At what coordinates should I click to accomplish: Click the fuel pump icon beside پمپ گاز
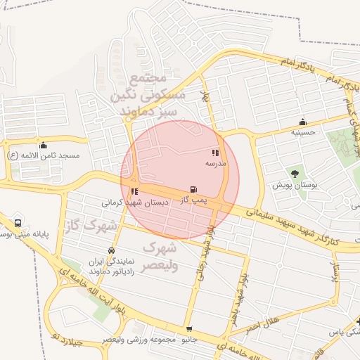[x=193, y=190]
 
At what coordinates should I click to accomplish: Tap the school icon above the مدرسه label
[x=215, y=153]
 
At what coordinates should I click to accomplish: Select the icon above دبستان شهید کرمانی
[x=134, y=191]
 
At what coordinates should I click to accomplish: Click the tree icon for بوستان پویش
[x=295, y=174]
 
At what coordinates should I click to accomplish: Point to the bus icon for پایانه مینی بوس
[x=18, y=223]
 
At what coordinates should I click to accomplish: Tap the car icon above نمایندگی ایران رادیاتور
[x=111, y=250]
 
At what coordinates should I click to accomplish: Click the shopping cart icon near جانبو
[x=188, y=329]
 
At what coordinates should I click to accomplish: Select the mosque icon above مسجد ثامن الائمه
[x=43, y=145]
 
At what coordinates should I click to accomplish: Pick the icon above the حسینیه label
[x=303, y=122]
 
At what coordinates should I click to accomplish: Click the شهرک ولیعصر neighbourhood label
[x=161, y=257]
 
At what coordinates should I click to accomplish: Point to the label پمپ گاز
[x=191, y=200]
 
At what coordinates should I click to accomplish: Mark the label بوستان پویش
[x=295, y=186]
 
